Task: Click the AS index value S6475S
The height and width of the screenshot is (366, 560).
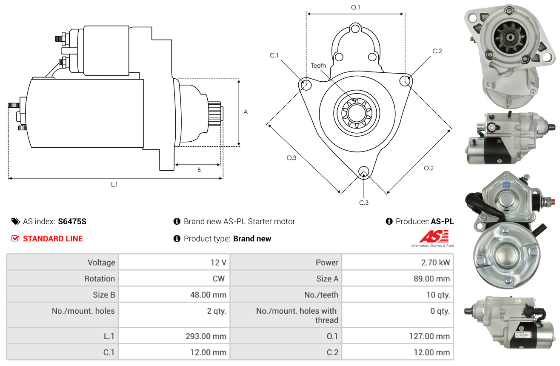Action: pos(72,221)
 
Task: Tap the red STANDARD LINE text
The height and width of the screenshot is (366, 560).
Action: pos(53,239)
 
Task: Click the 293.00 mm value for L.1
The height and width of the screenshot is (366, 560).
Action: pos(206,336)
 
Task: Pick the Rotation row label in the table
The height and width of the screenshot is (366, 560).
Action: pos(100,279)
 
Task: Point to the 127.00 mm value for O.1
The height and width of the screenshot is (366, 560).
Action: pos(429,336)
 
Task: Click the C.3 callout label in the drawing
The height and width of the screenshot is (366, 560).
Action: pos(364,203)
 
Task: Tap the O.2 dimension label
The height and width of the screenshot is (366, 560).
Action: pos(429,168)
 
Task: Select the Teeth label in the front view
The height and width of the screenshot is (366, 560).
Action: pos(318,66)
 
